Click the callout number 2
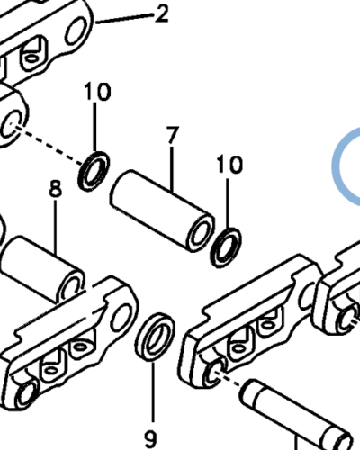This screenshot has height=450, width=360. [x=162, y=14]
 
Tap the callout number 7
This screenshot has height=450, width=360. [x=173, y=135]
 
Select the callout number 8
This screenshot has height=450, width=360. [x=56, y=189]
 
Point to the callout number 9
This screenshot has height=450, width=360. [x=150, y=439]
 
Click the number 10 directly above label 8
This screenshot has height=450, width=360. [x=97, y=92]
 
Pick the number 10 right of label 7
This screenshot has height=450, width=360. [x=229, y=165]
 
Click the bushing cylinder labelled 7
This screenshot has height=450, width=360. [x=162, y=211]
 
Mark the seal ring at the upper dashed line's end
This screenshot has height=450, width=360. [x=94, y=171]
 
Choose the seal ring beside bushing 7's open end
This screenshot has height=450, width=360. [x=226, y=247]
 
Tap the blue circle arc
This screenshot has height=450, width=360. [x=336, y=166]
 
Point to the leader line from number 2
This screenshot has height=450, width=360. [x=124, y=18]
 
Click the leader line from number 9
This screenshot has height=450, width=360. [x=153, y=392]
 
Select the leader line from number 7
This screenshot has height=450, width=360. [x=172, y=169]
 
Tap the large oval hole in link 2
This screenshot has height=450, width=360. [x=76, y=31]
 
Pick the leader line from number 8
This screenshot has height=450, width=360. [x=56, y=227]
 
